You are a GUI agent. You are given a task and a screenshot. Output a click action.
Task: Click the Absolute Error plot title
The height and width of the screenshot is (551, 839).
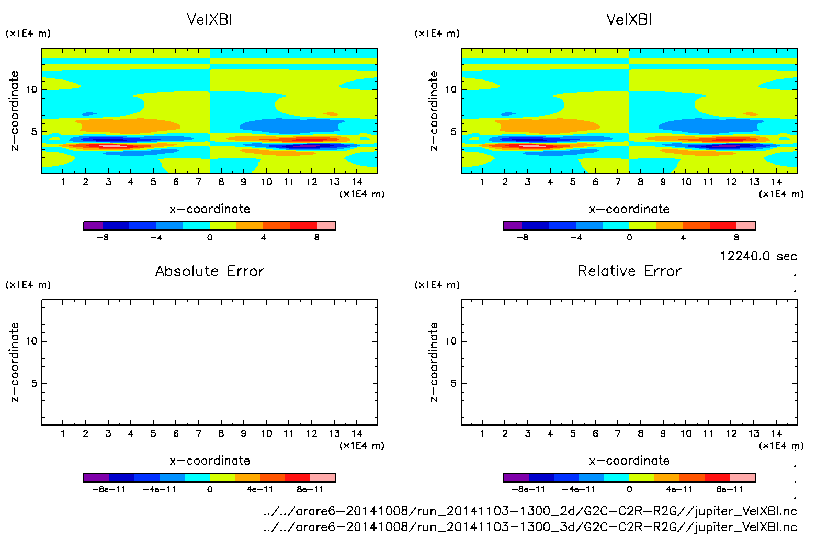point(210,271)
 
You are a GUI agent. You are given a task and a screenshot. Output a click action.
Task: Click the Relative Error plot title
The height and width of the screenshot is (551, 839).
point(629,271)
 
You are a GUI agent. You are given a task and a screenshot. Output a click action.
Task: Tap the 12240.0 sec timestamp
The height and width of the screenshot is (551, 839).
point(758,256)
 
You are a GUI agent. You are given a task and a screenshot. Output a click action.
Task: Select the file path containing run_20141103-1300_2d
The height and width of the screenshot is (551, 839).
point(530,511)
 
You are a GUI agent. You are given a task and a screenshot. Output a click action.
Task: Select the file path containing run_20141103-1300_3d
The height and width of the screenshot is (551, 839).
point(530,527)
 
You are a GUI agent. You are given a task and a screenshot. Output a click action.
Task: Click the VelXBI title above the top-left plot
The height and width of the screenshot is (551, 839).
point(209,19)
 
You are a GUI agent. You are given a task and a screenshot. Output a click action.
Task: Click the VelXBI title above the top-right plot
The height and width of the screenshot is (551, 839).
point(629,19)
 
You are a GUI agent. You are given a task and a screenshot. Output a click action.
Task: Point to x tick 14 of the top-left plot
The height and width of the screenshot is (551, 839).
point(357,182)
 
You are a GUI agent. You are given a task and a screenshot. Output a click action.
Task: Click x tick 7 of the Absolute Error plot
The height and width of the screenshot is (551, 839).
point(198,433)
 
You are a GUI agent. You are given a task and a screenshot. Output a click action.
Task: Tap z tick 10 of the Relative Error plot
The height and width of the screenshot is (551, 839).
point(450,341)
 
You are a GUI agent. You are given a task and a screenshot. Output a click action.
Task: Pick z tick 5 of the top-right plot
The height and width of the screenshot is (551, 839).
point(453,132)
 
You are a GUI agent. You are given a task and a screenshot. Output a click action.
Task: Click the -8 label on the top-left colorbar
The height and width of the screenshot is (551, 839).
point(103,238)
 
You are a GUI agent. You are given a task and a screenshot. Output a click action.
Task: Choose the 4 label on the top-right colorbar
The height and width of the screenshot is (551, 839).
point(683,238)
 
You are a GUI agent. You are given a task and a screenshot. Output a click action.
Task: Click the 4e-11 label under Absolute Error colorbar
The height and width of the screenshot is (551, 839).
point(260,490)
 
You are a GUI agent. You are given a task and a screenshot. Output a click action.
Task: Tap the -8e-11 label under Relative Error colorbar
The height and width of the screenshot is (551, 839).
point(528,490)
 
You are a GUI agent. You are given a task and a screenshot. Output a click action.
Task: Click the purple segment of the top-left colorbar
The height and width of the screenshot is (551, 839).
point(93,226)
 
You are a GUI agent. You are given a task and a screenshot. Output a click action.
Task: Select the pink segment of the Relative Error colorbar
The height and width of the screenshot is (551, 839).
point(742,477)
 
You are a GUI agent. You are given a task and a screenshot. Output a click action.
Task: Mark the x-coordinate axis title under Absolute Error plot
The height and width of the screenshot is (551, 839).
point(210,461)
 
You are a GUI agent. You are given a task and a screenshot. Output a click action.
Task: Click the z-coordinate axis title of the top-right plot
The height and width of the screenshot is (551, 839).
point(434,110)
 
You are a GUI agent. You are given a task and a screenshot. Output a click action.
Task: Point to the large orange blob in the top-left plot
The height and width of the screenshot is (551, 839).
point(128,125)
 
